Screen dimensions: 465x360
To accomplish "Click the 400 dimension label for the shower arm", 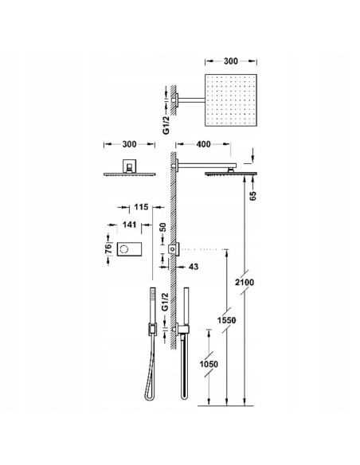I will pyautogui.click(x=203, y=144).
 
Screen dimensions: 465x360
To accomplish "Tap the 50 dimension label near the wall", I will pyautogui.click(x=162, y=228).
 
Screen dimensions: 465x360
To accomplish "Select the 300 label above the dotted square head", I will pyautogui.click(x=232, y=59).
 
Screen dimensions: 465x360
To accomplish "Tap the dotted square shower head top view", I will pyautogui.click(x=232, y=101).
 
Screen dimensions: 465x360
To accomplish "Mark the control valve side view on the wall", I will pyautogui.click(x=173, y=250).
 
